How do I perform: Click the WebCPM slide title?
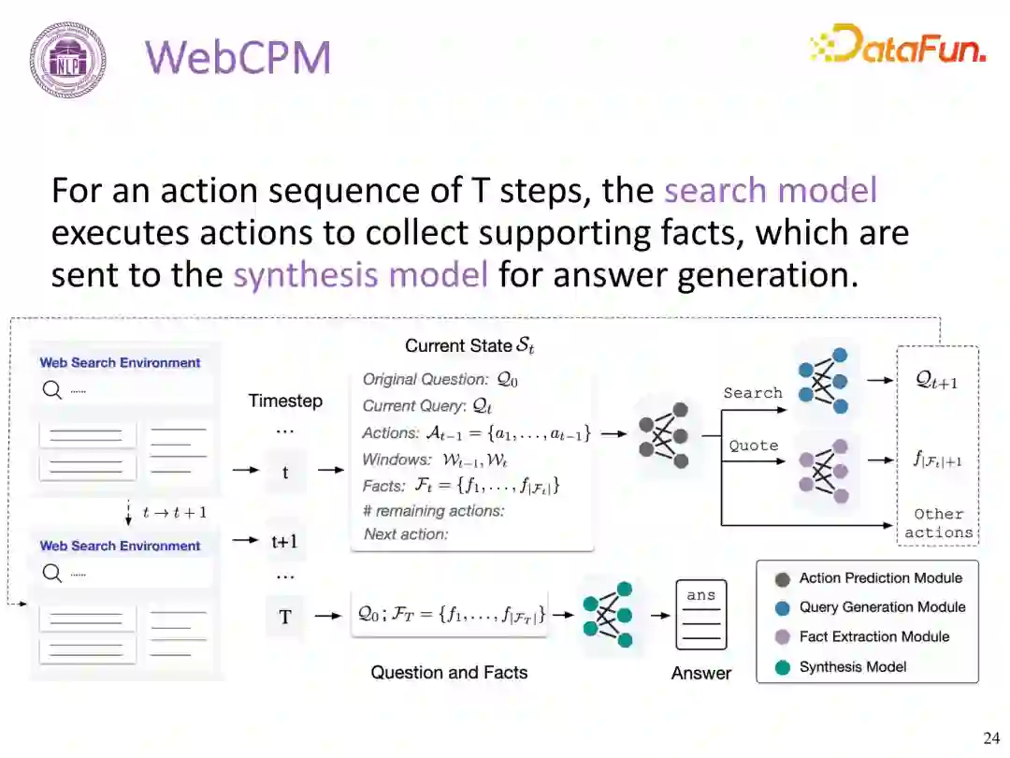[238, 58]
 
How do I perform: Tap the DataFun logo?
[898, 45]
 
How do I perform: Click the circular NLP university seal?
[67, 59]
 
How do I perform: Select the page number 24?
[990, 738]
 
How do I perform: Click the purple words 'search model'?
[771, 190]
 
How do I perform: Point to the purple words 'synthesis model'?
[360, 275]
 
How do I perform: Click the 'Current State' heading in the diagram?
[469, 346]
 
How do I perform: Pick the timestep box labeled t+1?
[284, 541]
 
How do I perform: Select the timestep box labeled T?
[285, 616]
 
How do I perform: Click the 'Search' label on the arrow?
[753, 393]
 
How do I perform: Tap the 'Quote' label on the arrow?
[754, 445]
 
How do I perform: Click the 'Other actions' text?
[939, 523]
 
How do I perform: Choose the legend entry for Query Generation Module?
[882, 607]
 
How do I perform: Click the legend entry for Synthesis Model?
[853, 667]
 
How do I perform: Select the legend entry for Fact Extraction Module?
[873, 637]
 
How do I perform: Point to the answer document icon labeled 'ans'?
[700, 615]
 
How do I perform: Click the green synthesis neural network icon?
[608, 614]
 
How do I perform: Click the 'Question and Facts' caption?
[449, 672]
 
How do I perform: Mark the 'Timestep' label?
[285, 401]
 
